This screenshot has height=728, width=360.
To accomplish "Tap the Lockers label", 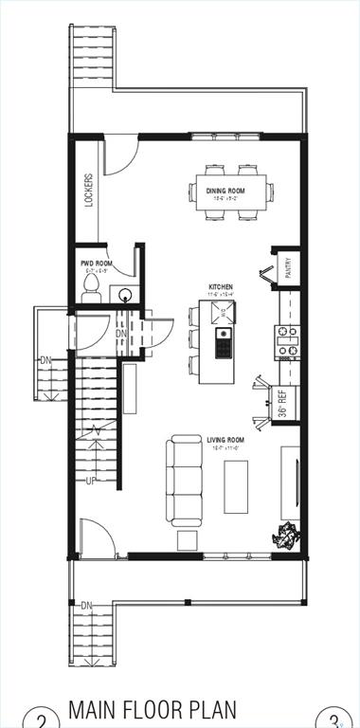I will (x=88, y=190).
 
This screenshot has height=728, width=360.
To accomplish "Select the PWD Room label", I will (x=97, y=264).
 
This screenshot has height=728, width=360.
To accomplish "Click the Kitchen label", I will (x=221, y=286).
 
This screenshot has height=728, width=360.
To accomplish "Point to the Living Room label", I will (x=225, y=440).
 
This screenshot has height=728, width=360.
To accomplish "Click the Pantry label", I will (x=287, y=269).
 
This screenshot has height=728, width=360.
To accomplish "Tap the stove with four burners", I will (x=287, y=343).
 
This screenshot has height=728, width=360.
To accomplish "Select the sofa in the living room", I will (x=183, y=480).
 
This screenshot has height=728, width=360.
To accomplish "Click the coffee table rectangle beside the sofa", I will (x=236, y=486).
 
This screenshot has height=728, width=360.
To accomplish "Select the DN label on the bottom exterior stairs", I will (x=86, y=605).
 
